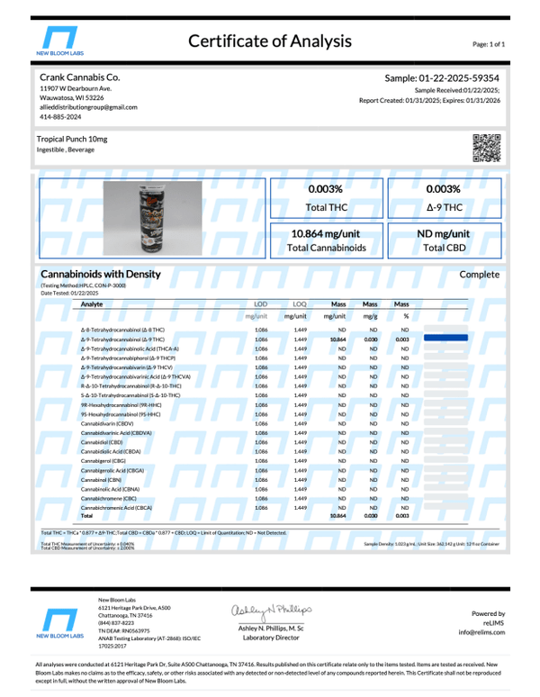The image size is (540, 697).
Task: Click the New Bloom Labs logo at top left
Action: (x=67, y=41)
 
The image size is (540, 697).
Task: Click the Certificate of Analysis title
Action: (x=270, y=41)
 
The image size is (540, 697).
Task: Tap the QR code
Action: (x=486, y=146)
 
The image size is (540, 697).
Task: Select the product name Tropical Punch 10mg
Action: (x=71, y=140)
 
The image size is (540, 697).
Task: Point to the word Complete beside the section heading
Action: (x=479, y=273)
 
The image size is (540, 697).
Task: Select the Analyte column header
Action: (x=92, y=304)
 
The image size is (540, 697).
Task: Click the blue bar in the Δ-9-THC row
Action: (x=445, y=339)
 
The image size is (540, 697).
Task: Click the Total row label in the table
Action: (x=87, y=516)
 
